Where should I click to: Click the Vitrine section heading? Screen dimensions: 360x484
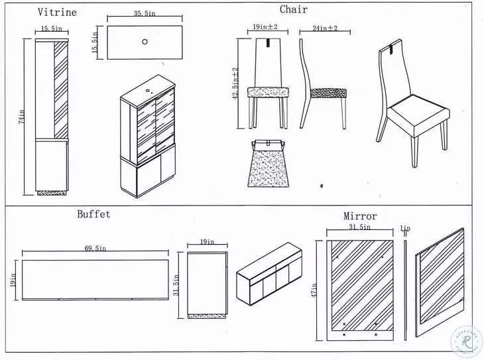coord(56,12)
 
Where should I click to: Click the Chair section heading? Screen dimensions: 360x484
coord(293,9)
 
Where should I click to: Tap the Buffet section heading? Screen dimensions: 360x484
coord(93,214)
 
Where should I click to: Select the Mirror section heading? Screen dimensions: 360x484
coord(360,216)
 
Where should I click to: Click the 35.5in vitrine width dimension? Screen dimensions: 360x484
coord(144,13)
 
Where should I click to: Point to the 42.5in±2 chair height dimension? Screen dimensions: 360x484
coord(234,84)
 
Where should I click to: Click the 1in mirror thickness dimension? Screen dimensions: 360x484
coord(405,228)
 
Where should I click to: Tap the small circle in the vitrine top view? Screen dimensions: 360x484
coord(145,41)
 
